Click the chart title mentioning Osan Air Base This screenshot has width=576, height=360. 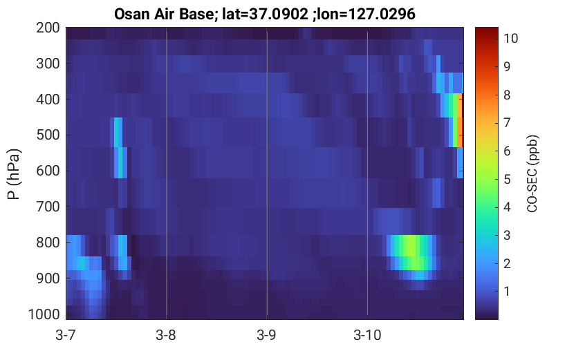264,14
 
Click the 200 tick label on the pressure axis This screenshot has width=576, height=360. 48,28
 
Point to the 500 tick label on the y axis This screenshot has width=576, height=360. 48,135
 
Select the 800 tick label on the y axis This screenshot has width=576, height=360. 48,243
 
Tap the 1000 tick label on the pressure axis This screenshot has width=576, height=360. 44,314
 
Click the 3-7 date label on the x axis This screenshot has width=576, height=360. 66,334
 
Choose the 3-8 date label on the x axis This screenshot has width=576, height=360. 166,334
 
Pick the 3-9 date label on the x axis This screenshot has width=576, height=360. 267,334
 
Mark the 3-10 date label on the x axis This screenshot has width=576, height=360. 367,334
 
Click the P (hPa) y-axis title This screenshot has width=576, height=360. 14,174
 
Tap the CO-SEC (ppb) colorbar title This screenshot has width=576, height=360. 532,173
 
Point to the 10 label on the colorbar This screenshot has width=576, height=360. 510,38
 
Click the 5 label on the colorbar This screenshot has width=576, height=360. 507,179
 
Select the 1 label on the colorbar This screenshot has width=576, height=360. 507,292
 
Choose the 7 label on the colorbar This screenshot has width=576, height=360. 507,122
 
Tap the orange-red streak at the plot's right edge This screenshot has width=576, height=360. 460,120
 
